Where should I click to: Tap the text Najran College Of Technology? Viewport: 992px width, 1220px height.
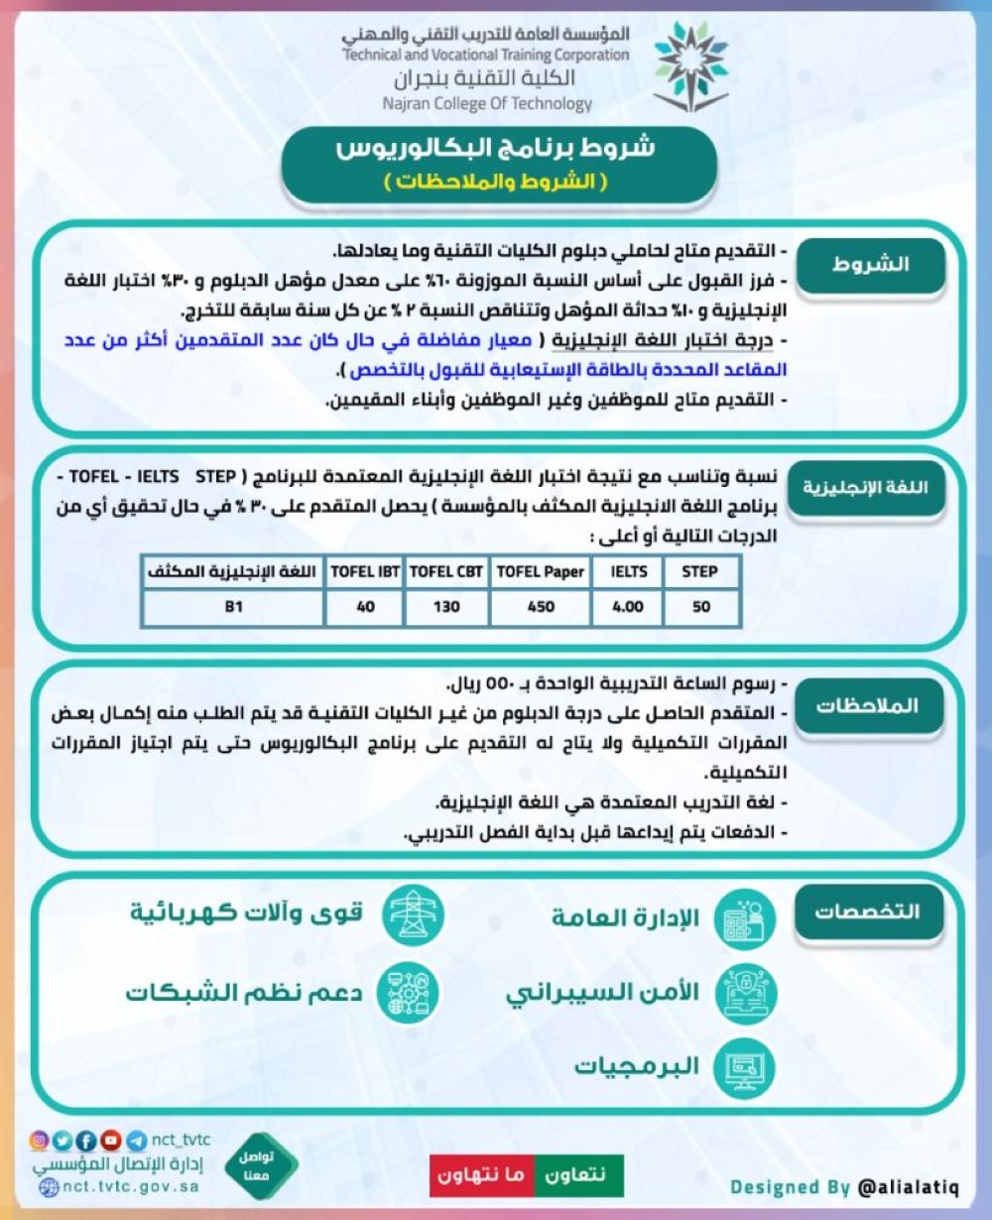[487, 103]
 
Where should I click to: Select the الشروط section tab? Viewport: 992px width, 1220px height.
[870, 265]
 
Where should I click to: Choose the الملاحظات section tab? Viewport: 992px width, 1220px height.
[867, 706]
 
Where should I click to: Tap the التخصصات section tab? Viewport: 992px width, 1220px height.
[867, 912]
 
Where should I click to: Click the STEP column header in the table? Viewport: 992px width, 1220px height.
[699, 571]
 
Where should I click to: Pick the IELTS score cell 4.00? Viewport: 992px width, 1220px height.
[628, 606]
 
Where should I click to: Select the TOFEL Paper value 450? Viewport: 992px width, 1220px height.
[541, 606]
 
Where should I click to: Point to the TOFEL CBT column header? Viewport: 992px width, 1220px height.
[446, 571]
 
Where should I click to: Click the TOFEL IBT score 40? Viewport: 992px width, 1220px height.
[365, 606]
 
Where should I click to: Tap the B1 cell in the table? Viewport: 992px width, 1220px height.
[233, 606]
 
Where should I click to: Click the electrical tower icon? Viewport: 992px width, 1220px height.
[413, 914]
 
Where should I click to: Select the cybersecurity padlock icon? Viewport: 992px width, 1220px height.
[745, 993]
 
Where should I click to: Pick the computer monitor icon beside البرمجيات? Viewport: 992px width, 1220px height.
[745, 1067]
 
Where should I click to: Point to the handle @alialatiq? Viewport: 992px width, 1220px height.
[908, 1187]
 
